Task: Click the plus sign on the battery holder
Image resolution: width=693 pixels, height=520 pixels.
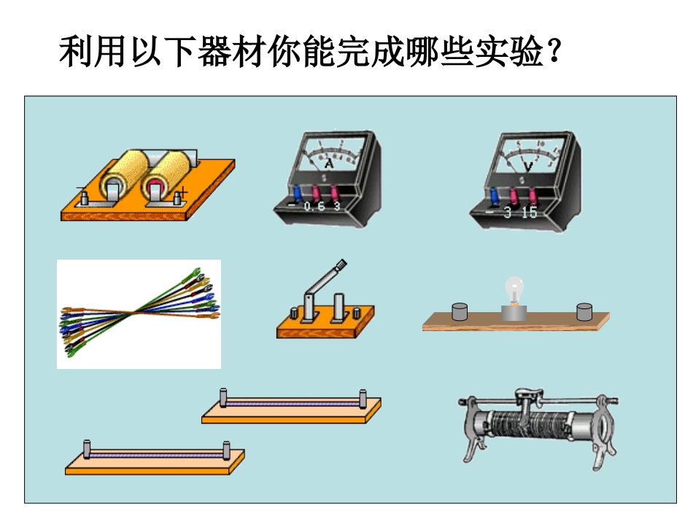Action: [x=183, y=191]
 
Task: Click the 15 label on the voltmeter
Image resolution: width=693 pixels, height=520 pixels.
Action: [x=529, y=212]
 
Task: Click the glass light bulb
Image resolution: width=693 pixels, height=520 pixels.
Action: [x=516, y=289]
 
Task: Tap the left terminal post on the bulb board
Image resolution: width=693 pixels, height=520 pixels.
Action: [x=460, y=312]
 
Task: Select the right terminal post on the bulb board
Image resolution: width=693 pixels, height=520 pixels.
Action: [x=584, y=312]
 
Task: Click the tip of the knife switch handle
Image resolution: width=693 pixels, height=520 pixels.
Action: [x=341, y=265]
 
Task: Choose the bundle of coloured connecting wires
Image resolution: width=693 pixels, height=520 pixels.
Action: [x=139, y=314]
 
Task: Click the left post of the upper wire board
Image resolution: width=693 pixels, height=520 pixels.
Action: [x=224, y=398]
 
